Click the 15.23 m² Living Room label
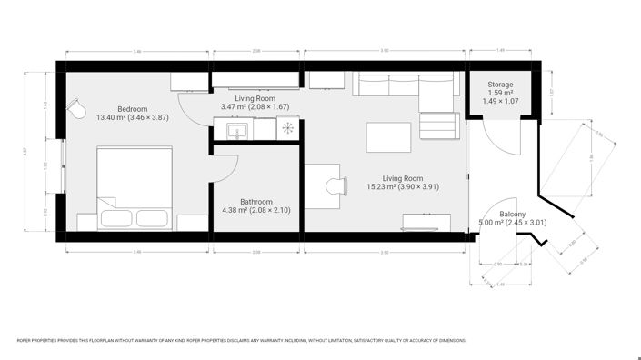pos(402,182)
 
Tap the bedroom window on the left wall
pos(62,166)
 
